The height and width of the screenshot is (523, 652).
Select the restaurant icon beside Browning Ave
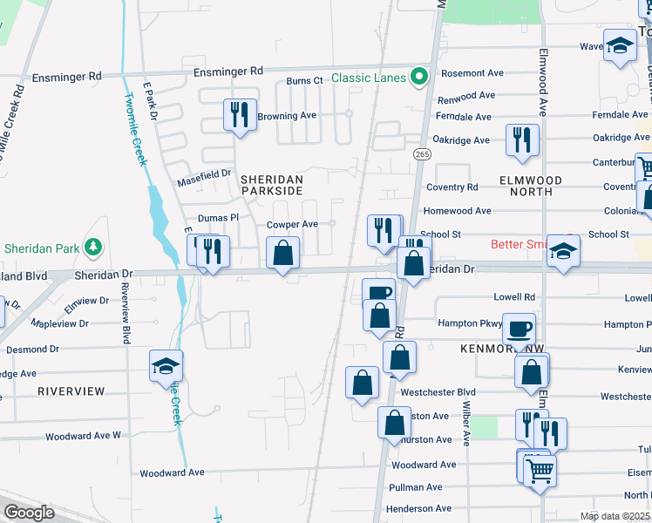coord(240,115)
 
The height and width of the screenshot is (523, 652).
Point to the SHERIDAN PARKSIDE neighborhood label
coord(272,185)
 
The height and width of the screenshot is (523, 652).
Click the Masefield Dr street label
coord(204,175)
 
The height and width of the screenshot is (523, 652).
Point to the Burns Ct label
coord(305,81)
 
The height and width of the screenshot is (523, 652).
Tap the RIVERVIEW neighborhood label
coord(71,391)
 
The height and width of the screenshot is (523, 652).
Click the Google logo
coord(30,512)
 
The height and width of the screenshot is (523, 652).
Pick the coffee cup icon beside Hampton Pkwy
coord(520,329)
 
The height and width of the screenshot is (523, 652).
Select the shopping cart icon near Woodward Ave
coord(540,471)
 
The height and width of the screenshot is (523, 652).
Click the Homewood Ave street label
coord(457,211)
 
